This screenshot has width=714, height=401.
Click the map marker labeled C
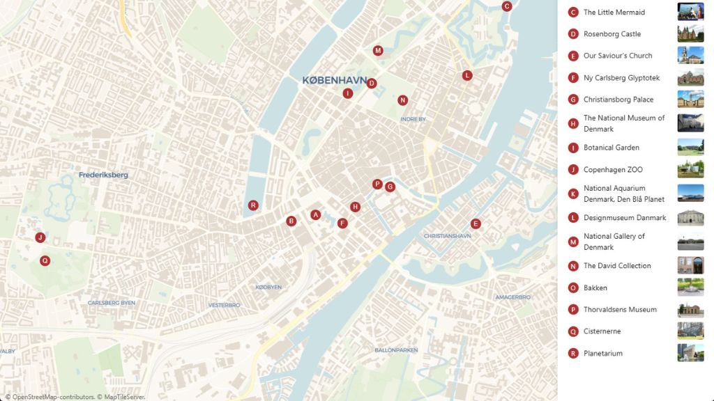coord(507,6)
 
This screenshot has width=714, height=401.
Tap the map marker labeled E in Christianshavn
coord(476,223)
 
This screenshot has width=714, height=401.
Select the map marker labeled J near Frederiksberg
coord(40,237)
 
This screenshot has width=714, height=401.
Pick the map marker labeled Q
coord(45,261)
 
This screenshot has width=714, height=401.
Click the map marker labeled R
coord(253,205)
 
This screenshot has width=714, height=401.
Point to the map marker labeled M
coord(378,50)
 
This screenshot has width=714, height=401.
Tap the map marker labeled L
coord(467,75)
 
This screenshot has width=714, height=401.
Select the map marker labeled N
coord(402,100)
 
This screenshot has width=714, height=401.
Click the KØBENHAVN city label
coord(334,81)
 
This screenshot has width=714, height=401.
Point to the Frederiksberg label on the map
coord(103,175)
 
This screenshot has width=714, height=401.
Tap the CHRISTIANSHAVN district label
coord(447,236)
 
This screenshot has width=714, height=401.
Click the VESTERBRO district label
coord(224,305)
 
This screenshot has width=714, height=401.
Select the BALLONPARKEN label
coord(396,349)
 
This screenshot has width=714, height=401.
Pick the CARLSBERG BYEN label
coord(112,303)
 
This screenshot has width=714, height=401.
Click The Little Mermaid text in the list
coord(614,13)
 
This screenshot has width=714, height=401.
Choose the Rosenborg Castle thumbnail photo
coord(690,34)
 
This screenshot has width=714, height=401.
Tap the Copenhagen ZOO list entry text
coord(613,170)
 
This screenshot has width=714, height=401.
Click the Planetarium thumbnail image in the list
coord(690,353)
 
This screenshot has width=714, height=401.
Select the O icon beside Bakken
coord(573,288)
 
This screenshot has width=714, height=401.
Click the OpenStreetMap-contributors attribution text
coord(49,397)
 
